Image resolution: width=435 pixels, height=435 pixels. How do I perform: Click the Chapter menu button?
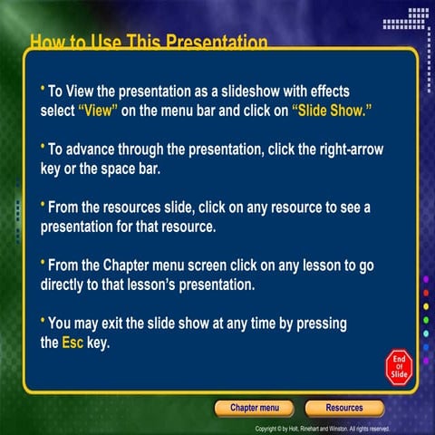(x=254, y=408)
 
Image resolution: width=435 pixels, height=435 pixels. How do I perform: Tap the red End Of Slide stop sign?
(x=399, y=365)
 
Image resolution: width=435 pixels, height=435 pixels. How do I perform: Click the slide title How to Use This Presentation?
(x=149, y=43)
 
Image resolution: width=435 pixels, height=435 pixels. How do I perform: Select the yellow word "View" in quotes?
(x=99, y=109)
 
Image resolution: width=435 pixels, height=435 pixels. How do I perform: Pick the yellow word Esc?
(x=72, y=343)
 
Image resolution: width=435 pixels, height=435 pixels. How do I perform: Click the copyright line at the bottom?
(x=323, y=428)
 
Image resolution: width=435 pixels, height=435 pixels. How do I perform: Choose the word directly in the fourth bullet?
(x=68, y=284)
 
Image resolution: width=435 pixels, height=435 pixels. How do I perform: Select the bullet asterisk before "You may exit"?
(x=43, y=322)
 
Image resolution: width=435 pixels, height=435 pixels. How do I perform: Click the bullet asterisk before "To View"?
(x=43, y=89)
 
